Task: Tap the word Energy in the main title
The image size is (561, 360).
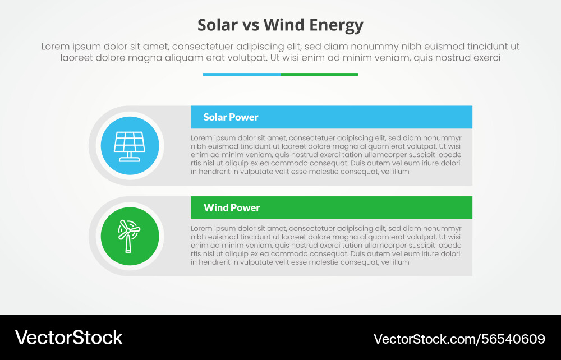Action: click(335, 25)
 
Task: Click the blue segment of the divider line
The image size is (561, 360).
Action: click(241, 74)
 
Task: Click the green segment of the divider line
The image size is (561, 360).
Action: click(319, 74)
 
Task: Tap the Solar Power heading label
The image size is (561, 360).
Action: click(231, 117)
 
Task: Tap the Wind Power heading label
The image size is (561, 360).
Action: click(232, 207)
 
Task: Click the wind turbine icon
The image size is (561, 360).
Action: click(128, 236)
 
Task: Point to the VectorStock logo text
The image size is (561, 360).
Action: click(68, 338)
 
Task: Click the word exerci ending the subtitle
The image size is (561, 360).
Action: click(485, 57)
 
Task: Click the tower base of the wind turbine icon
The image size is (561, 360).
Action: click(128, 249)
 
